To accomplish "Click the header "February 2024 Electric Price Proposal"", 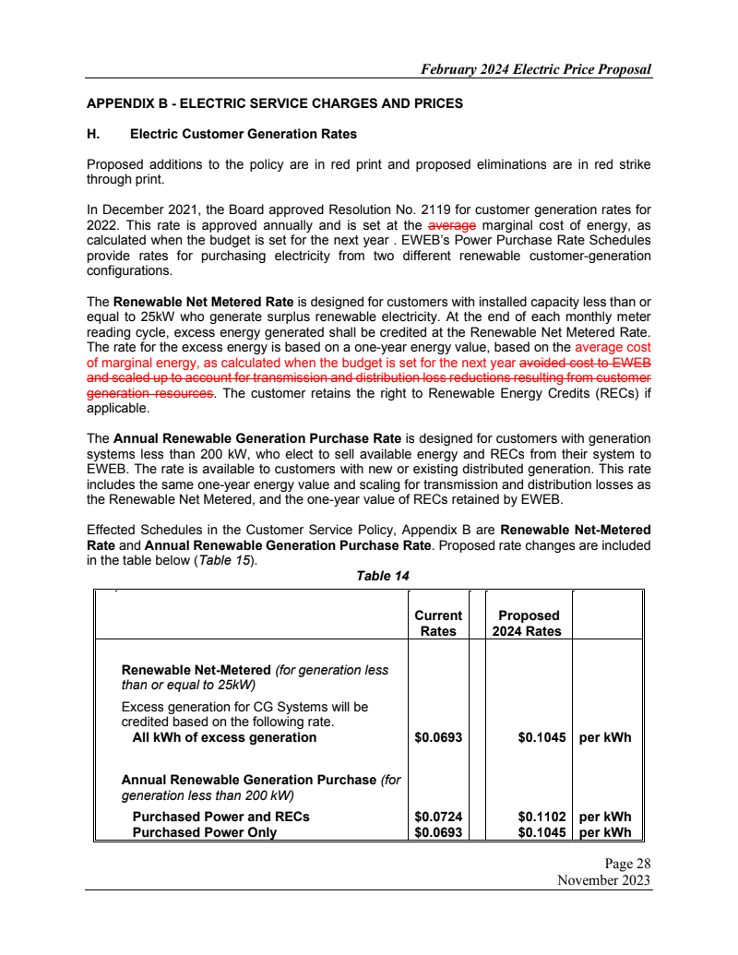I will (x=535, y=69).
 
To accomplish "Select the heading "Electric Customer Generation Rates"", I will (x=243, y=134).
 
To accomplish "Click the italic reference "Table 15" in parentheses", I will (x=225, y=561).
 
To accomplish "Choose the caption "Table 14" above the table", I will (x=383, y=576).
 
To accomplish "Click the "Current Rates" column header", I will (x=438, y=624).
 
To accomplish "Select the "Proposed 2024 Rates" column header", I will (x=529, y=624).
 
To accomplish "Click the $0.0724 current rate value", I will (x=438, y=817).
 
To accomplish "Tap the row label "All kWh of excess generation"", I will (x=224, y=737).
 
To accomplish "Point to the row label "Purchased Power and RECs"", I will (x=221, y=817).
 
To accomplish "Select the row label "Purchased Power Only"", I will (x=205, y=832).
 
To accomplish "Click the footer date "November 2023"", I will (x=604, y=880).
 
